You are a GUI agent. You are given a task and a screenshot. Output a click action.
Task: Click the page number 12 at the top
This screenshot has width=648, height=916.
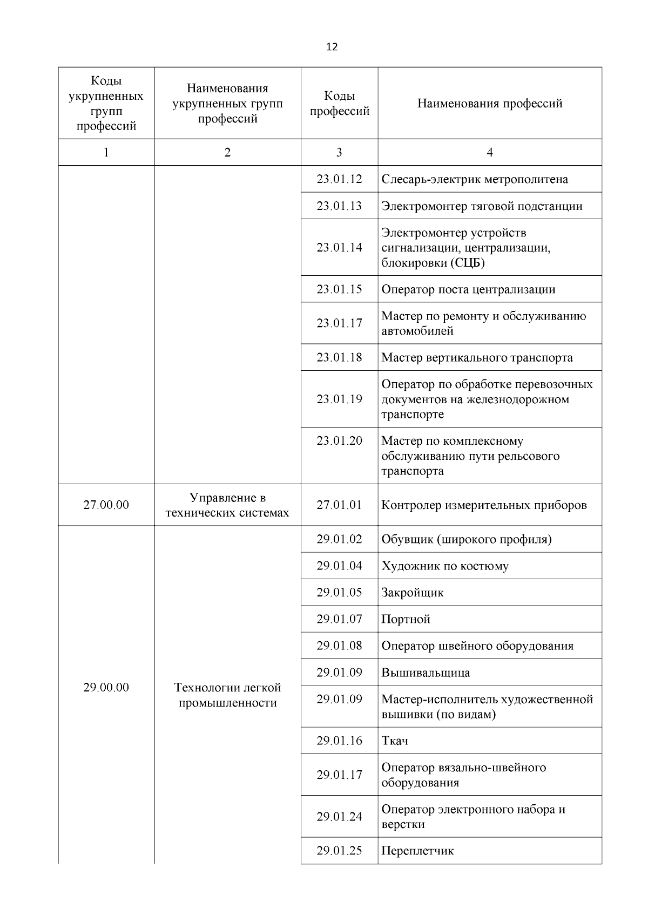point(332,47)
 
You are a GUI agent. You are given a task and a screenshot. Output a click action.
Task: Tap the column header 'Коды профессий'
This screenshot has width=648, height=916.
point(339,104)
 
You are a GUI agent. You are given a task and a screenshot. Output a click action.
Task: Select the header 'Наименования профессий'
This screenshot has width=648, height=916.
point(490,103)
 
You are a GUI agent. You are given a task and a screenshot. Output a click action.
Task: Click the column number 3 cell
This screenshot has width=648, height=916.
point(339,152)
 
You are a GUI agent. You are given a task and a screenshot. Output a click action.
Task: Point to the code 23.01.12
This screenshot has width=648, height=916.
point(339,179)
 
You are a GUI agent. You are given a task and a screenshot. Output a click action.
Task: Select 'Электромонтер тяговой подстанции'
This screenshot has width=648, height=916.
point(482,206)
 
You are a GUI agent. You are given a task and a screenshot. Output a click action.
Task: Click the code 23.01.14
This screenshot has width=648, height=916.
point(339,248)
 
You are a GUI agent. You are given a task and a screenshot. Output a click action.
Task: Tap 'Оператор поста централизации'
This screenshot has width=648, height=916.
point(468,289)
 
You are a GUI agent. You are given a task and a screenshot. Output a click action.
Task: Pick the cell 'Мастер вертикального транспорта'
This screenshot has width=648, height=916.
point(477,357)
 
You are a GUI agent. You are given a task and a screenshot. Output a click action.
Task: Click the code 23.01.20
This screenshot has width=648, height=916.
point(339,441)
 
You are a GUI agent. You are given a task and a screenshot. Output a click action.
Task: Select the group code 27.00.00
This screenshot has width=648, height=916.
point(106,505)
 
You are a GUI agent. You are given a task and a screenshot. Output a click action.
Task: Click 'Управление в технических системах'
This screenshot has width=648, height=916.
point(227,505)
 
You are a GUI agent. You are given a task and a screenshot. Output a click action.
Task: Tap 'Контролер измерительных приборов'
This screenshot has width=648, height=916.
point(484,505)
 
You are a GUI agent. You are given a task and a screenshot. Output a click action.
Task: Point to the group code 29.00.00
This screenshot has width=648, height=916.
point(106,688)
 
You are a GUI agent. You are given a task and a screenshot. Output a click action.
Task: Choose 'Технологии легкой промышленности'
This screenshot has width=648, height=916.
point(227,695)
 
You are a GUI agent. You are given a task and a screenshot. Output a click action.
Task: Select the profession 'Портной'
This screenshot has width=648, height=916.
point(406,619)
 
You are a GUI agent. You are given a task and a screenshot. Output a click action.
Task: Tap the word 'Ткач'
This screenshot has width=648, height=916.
point(395,741)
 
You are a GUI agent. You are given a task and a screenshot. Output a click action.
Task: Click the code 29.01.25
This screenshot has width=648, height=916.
point(339,851)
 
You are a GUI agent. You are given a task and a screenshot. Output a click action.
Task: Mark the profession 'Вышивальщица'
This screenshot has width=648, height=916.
point(426,673)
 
